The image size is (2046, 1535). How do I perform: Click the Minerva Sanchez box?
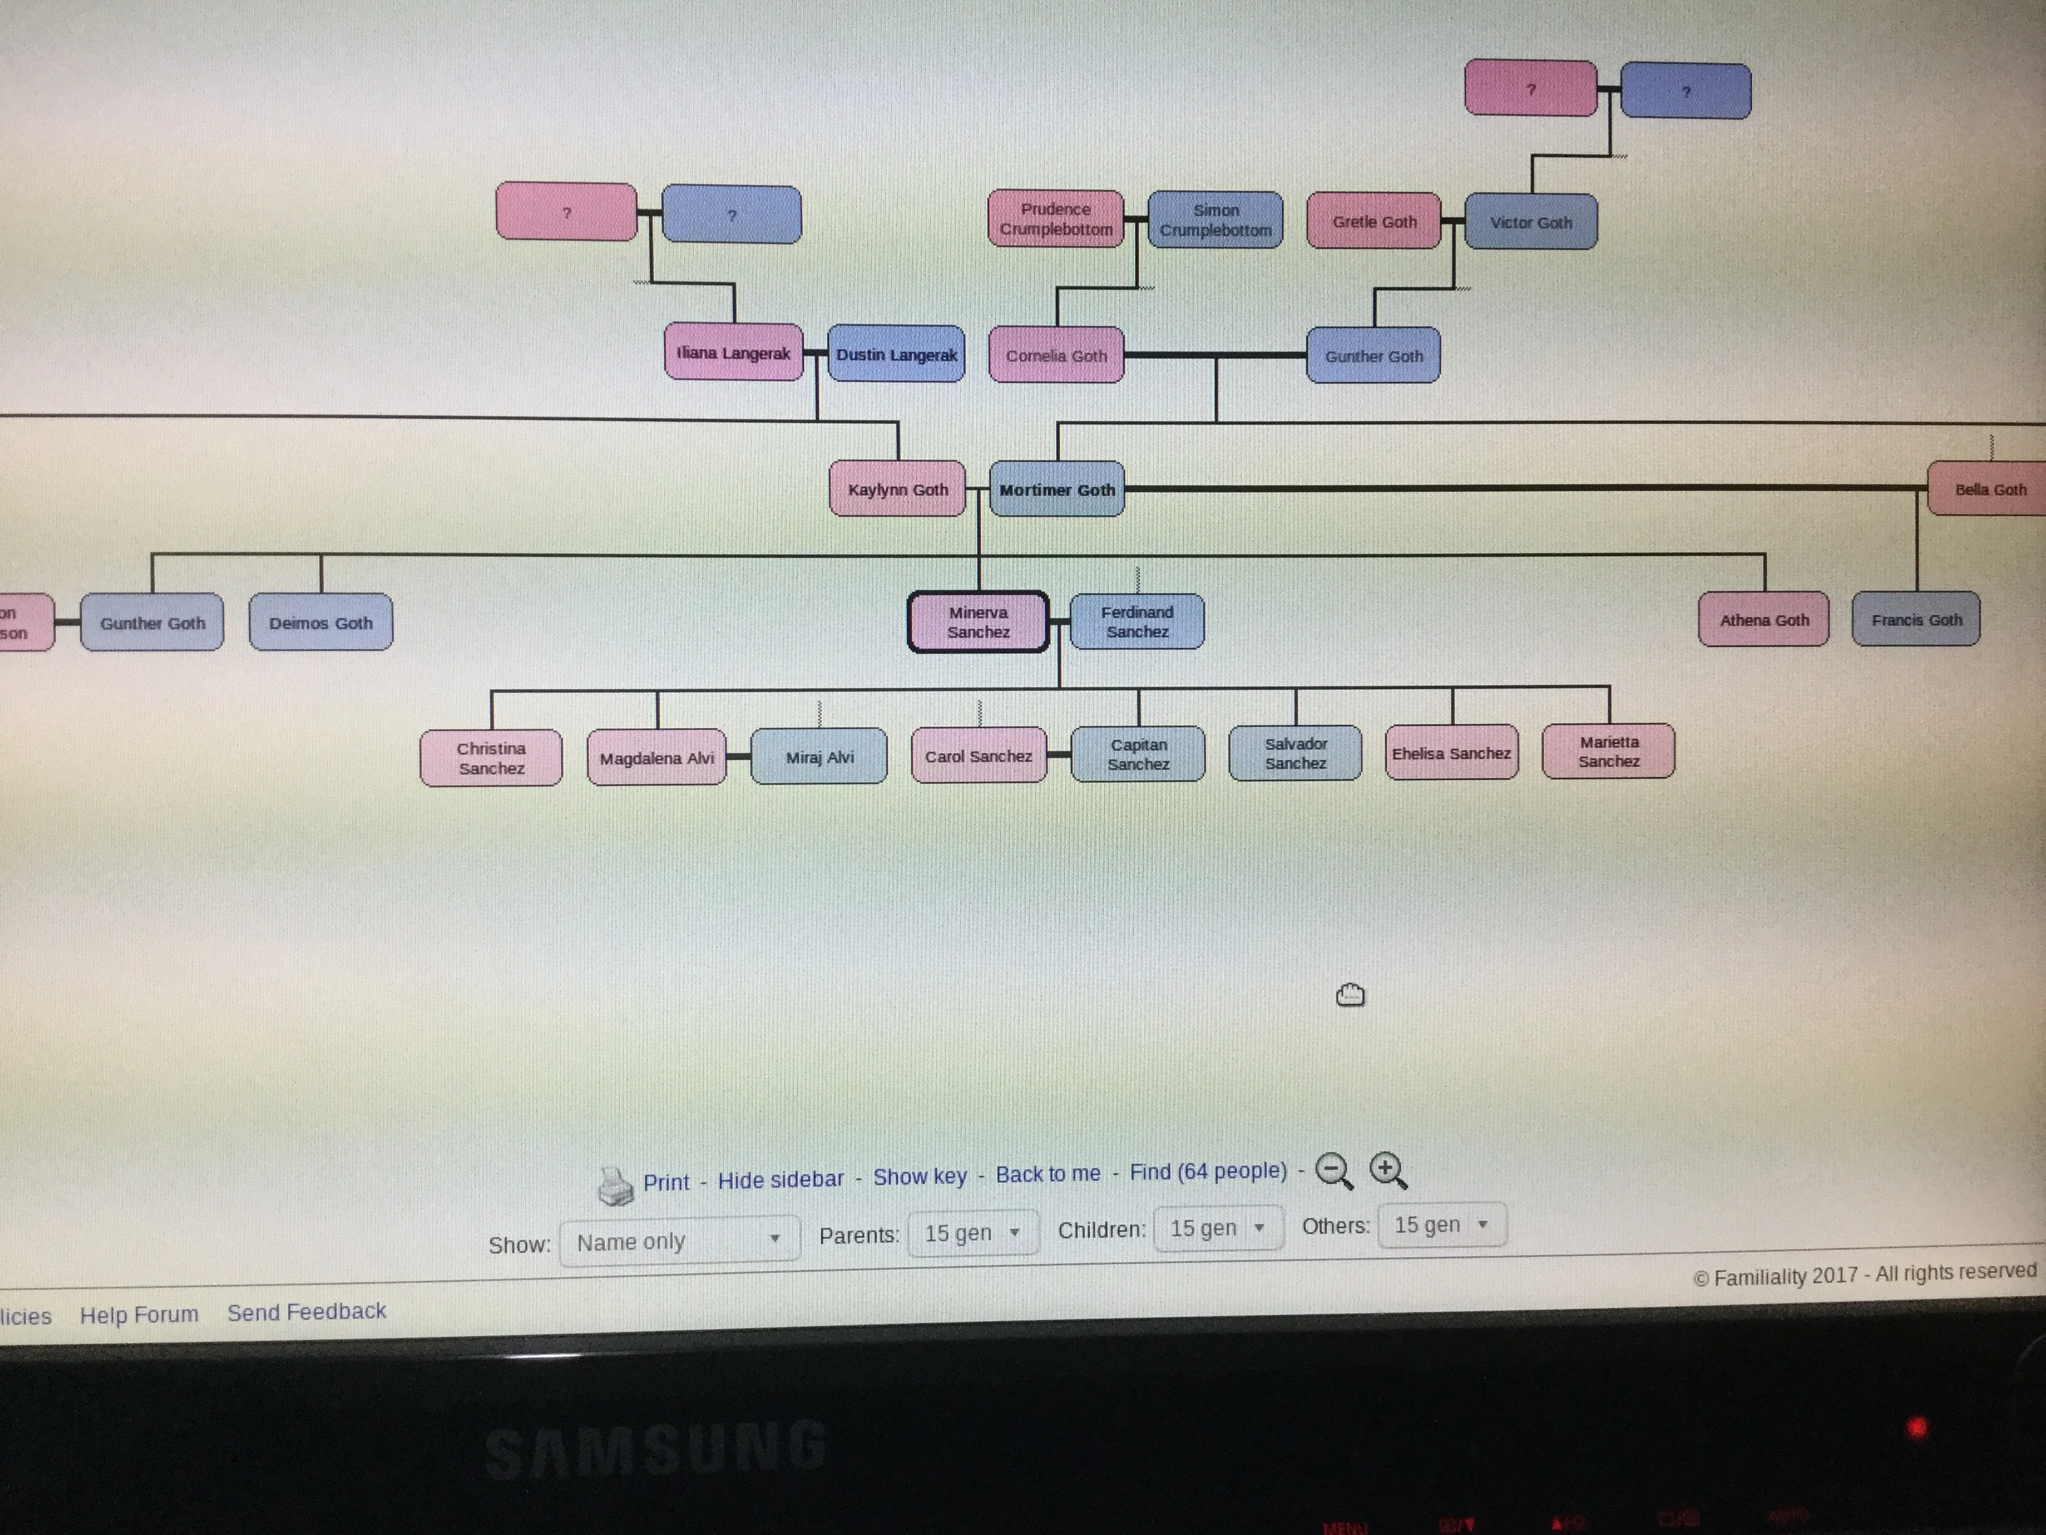(978, 622)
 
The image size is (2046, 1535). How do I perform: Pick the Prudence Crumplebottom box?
(1056, 219)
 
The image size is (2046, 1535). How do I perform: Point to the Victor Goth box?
(1530, 222)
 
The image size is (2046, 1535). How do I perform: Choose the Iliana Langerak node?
(733, 352)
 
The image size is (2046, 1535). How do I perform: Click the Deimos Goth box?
(320, 623)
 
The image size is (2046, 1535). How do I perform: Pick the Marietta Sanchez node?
(1608, 751)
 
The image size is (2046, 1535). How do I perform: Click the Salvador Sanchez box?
(1295, 753)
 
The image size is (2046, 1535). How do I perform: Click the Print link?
(666, 1181)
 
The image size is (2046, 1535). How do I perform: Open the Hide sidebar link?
(780, 1179)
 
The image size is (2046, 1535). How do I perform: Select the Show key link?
(920, 1176)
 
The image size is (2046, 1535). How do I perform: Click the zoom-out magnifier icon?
(1333, 1169)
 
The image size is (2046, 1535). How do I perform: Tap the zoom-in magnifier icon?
(1387, 1169)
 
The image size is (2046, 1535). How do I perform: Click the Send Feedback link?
(306, 1311)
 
